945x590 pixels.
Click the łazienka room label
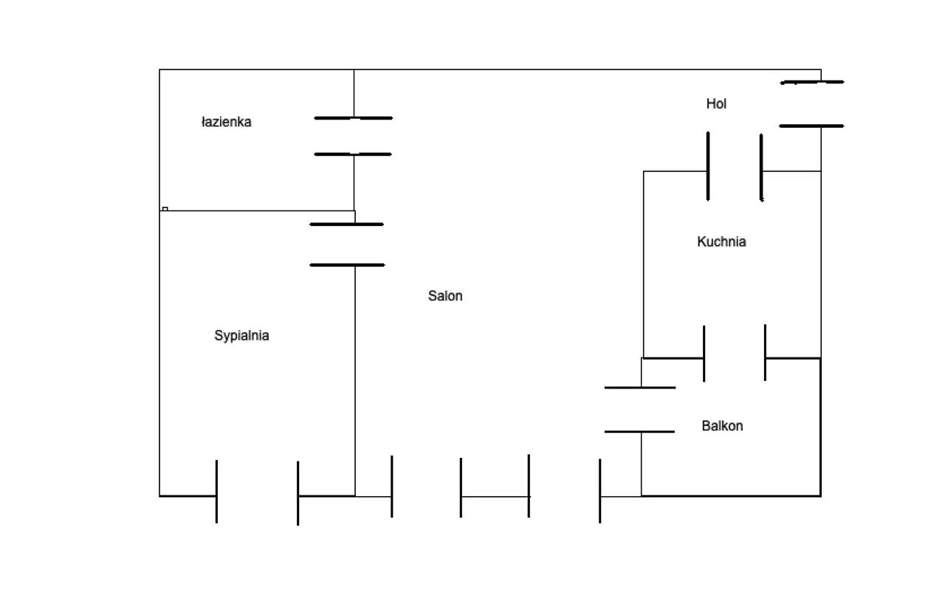click(x=226, y=123)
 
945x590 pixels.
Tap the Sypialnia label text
click(x=241, y=336)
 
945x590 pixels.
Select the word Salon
click(x=445, y=296)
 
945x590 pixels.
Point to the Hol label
click(x=716, y=104)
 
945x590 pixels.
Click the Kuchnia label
click(x=721, y=241)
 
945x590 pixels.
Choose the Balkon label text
click(x=722, y=426)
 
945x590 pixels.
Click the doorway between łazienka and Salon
click(x=354, y=137)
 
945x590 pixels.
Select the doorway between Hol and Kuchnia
click(x=735, y=171)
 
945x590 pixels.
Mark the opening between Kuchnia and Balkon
click(x=735, y=358)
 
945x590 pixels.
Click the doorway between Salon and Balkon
click(x=641, y=410)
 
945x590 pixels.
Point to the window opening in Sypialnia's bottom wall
click(x=257, y=495)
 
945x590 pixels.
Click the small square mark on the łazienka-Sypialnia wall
click(x=165, y=209)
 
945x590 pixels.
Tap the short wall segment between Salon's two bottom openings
click(x=495, y=497)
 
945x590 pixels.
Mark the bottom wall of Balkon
click(x=731, y=495)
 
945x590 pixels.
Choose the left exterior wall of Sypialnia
click(x=159, y=354)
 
